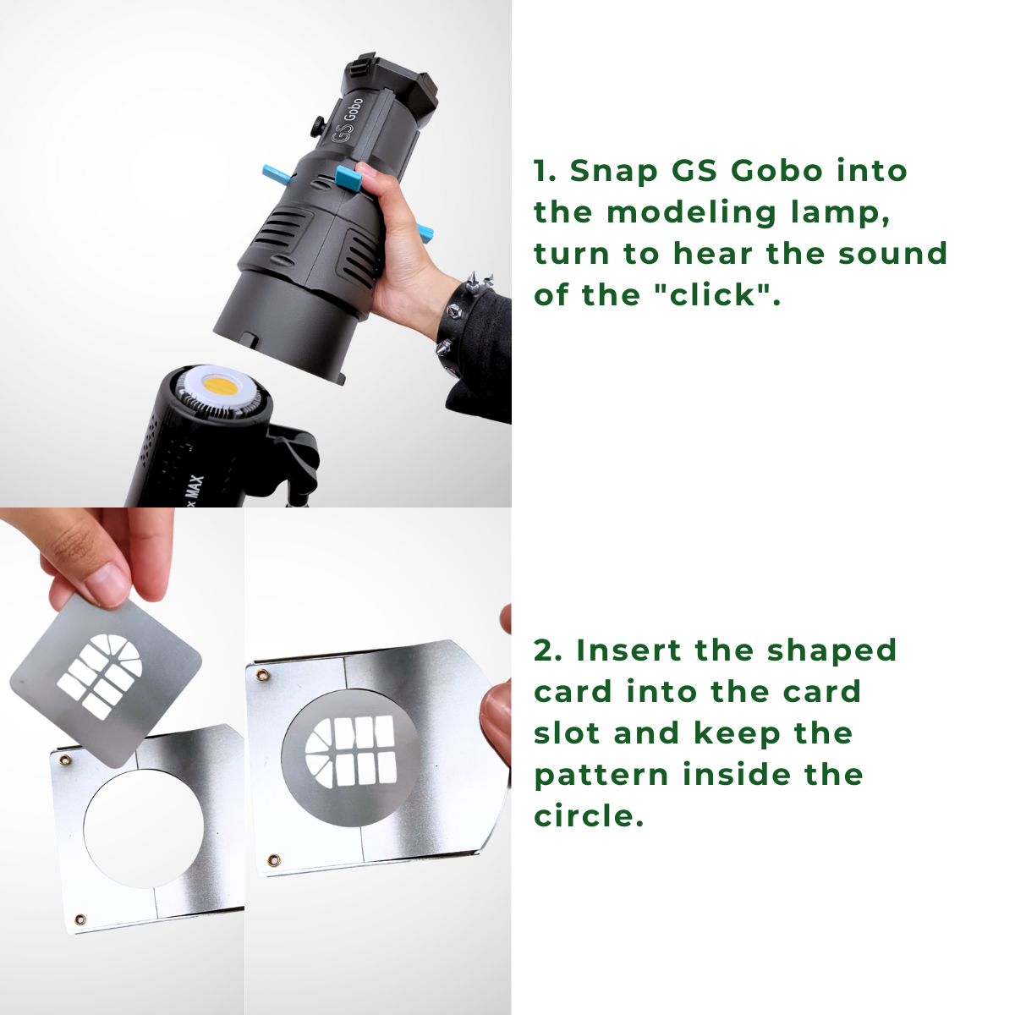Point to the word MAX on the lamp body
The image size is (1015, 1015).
tap(196, 490)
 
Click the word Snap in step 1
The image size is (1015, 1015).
tap(613, 172)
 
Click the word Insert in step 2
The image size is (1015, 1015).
tap(629, 650)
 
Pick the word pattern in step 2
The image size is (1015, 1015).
tap(601, 776)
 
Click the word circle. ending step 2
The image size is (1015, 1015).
tap(589, 816)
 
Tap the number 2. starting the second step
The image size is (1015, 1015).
tap(548, 650)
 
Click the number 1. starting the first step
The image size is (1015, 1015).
tap(545, 172)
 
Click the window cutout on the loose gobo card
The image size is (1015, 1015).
tap(99, 676)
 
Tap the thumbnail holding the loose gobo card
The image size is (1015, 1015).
tap(108, 584)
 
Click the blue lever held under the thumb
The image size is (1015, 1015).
tap(348, 178)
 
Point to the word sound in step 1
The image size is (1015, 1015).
tap(893, 254)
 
